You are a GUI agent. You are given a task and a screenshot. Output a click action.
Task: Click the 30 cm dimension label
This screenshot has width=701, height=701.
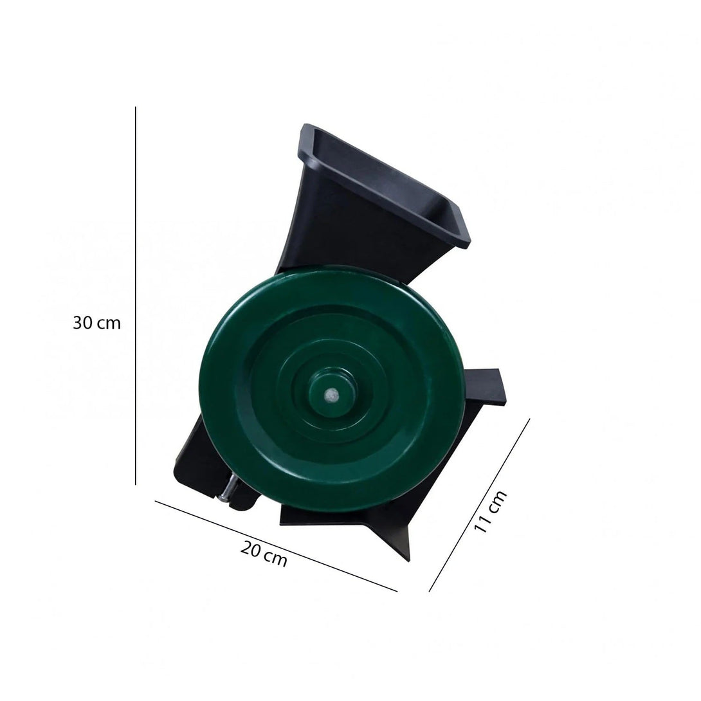[x=96, y=322]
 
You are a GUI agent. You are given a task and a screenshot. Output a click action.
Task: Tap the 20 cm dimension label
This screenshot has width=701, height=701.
[x=264, y=554]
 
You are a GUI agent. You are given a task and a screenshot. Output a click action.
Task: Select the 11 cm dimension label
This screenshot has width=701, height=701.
[x=490, y=511]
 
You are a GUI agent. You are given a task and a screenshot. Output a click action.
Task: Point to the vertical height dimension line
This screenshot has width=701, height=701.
[x=136, y=295]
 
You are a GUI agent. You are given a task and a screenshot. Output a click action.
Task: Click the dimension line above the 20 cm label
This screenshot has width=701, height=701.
[x=276, y=546]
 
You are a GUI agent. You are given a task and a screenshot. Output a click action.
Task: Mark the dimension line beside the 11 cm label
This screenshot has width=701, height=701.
[x=479, y=505]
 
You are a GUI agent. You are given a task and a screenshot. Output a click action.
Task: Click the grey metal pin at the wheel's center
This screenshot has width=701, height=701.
[x=331, y=394]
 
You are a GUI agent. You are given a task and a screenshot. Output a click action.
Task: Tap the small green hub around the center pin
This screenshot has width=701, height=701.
[x=331, y=394]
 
